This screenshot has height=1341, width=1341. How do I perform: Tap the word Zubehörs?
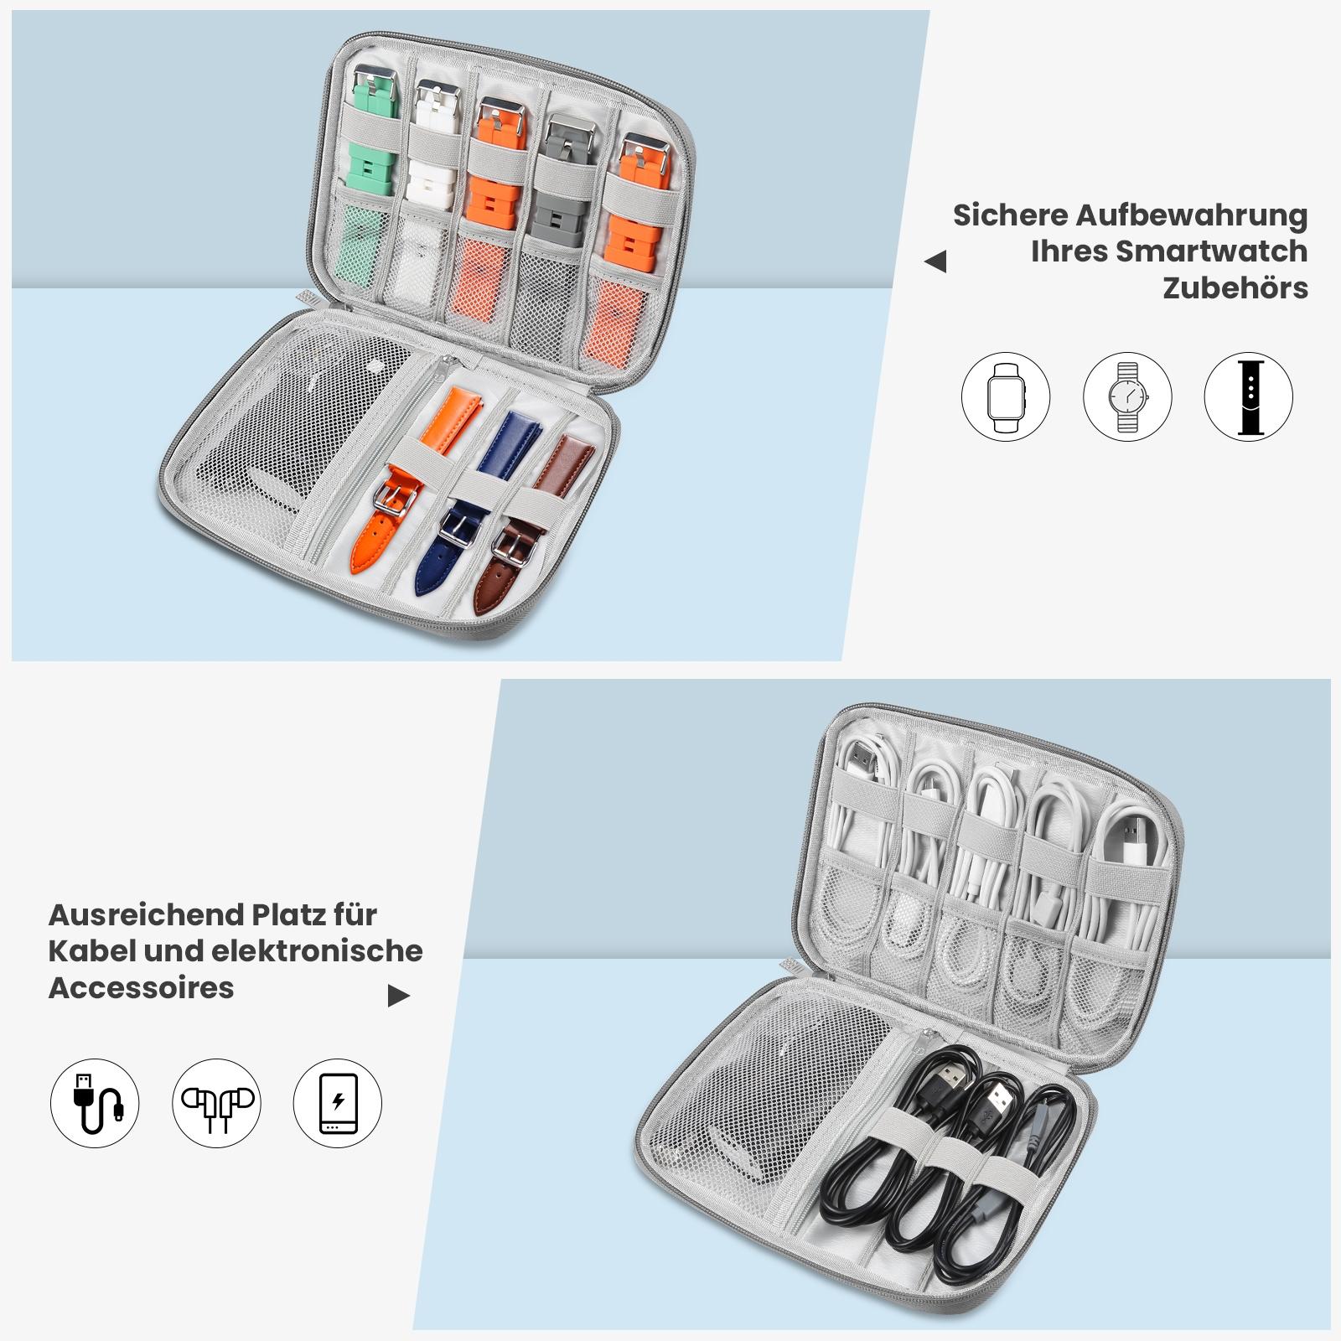click(1235, 288)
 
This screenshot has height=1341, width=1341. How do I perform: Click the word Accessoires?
click(141, 987)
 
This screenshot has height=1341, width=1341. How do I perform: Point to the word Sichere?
click(1010, 215)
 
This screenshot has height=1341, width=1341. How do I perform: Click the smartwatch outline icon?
click(1005, 396)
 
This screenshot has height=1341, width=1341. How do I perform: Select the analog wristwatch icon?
click(1127, 396)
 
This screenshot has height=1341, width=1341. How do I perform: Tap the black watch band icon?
click(1249, 396)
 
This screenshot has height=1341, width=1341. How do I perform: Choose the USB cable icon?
click(95, 1103)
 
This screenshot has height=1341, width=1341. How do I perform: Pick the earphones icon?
click(216, 1103)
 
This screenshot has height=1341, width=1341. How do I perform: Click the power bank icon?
click(338, 1103)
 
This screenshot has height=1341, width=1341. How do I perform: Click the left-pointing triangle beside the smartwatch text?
click(935, 261)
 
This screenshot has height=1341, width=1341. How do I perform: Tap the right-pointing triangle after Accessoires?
click(399, 996)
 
